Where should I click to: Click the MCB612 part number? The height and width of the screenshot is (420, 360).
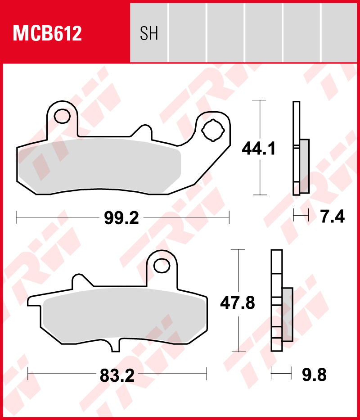click(x=47, y=33)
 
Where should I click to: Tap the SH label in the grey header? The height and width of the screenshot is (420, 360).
click(x=149, y=33)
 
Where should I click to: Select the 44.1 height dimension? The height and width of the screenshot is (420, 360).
click(x=258, y=149)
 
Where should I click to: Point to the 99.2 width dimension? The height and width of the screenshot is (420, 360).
click(x=121, y=218)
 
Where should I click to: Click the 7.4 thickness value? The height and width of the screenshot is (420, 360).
click(x=333, y=217)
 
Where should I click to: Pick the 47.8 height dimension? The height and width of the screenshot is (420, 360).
click(x=237, y=303)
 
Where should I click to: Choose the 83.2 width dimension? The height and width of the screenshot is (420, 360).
click(x=117, y=376)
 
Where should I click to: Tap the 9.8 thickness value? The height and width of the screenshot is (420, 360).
click(x=314, y=375)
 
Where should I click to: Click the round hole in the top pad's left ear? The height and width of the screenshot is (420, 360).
click(x=62, y=116)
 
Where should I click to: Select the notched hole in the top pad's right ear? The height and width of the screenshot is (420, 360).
click(x=213, y=131)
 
